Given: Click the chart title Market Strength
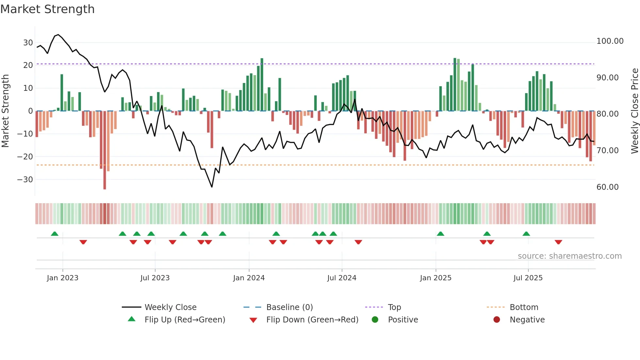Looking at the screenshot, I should [x=47, y=9].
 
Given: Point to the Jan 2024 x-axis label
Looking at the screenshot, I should [x=249, y=278].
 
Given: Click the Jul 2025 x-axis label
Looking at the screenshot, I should [x=528, y=278].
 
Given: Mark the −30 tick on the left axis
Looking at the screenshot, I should [x=25, y=180].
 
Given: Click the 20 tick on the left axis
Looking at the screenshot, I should [x=28, y=65].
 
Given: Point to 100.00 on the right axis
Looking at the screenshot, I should [x=610, y=41].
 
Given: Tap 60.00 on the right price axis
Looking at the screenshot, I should [x=607, y=187].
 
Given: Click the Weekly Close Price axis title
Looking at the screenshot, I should [x=634, y=111].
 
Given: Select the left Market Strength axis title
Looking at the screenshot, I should [x=6, y=111].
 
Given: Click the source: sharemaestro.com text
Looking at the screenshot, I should [x=569, y=256].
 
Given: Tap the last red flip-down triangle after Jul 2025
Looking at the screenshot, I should [x=558, y=242].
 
